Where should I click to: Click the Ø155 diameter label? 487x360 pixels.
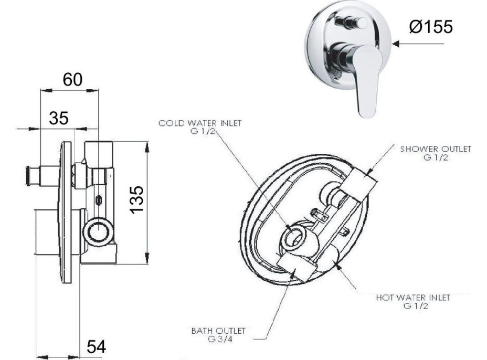430,27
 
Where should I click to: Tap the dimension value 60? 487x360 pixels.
72,80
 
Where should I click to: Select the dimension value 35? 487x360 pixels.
59,118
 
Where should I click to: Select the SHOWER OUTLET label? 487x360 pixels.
435,149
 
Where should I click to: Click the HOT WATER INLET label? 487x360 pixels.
413,298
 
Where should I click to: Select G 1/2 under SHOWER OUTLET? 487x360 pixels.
435,157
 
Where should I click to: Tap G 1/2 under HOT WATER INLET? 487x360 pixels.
413,305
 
